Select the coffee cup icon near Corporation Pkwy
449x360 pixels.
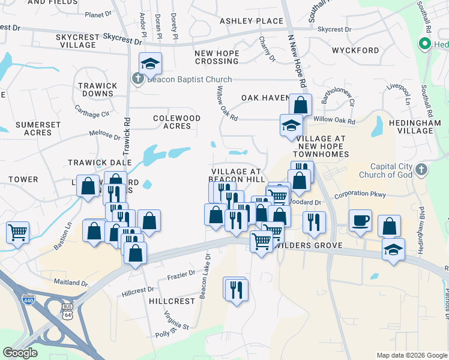click(x=360, y=220)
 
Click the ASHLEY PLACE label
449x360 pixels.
click(x=251, y=21)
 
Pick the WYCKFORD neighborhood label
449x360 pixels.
click(x=356, y=50)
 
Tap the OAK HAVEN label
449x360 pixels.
click(x=265, y=98)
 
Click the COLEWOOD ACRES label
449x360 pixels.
click(x=176, y=122)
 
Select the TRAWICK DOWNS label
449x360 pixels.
click(x=97, y=90)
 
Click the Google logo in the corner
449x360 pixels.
click(x=20, y=353)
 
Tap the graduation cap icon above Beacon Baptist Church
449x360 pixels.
click(x=150, y=62)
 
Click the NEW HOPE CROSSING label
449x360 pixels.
click(x=217, y=57)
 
